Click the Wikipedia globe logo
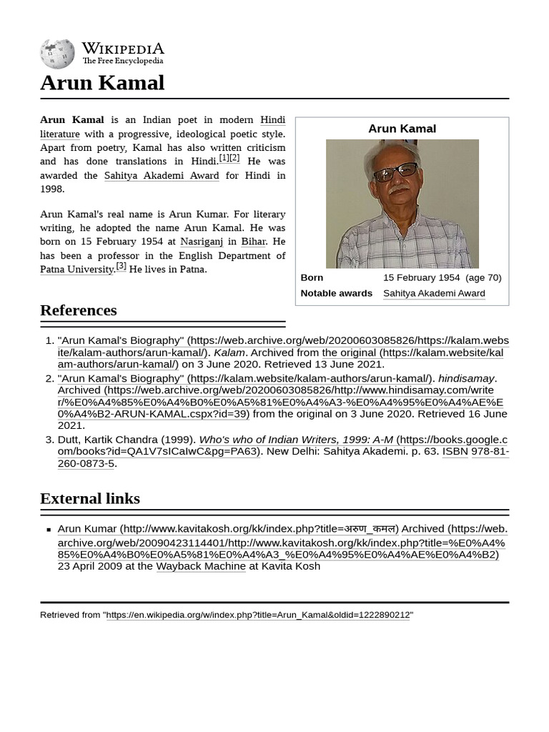click(57, 54)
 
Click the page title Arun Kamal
click(102, 83)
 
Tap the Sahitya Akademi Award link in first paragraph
click(162, 175)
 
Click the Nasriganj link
click(202, 242)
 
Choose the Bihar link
click(253, 242)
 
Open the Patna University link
click(76, 269)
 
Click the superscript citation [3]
click(121, 266)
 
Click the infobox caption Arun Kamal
click(402, 129)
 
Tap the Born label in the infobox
click(312, 277)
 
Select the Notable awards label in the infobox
click(336, 293)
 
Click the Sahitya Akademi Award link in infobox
click(434, 293)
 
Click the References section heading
click(79, 310)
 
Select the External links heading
click(90, 498)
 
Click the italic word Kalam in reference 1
click(229, 352)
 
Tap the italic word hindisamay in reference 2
click(466, 378)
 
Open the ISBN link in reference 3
click(455, 451)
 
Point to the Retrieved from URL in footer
click(258, 615)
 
